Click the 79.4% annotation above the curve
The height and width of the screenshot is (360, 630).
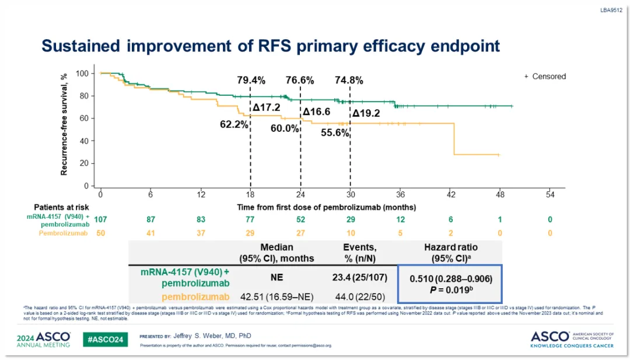point(251,80)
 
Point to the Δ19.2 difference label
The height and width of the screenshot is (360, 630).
point(366,113)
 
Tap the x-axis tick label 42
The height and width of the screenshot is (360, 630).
point(450,194)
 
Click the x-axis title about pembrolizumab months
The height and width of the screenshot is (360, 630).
point(326,207)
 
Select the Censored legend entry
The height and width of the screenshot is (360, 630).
point(545,76)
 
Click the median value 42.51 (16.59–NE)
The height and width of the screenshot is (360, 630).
point(276,297)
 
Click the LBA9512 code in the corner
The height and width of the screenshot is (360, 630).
point(612,10)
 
